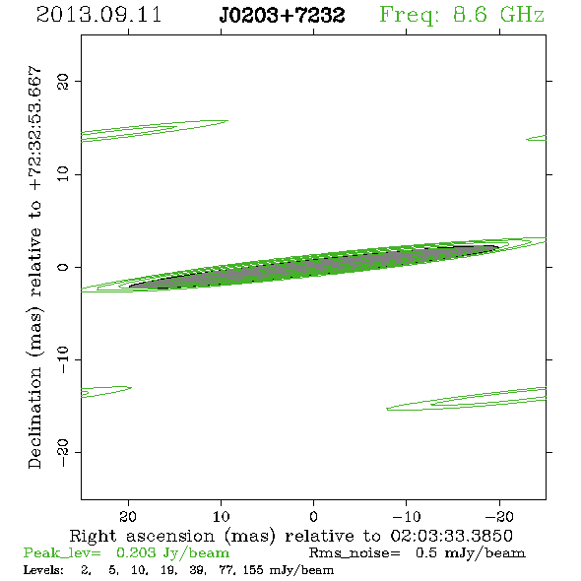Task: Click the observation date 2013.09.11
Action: point(98,15)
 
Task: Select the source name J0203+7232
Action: point(282,15)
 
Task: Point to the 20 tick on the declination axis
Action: point(63,81)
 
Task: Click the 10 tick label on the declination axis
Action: point(63,174)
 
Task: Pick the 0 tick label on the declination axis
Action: point(63,267)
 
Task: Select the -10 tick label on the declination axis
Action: point(63,359)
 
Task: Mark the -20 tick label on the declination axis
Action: point(63,452)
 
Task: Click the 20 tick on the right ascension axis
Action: point(128,517)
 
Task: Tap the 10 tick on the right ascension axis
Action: point(221,517)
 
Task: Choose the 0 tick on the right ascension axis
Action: point(313,517)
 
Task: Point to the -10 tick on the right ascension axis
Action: point(407,517)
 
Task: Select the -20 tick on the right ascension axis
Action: point(499,517)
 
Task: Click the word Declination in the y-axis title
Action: point(34,418)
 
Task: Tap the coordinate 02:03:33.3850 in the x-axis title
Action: point(451,536)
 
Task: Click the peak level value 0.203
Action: point(136,552)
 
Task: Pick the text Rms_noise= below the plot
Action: point(355,553)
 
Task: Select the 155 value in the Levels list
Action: point(254,570)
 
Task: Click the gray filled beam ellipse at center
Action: point(314,267)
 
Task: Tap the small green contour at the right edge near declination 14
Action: point(537,138)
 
